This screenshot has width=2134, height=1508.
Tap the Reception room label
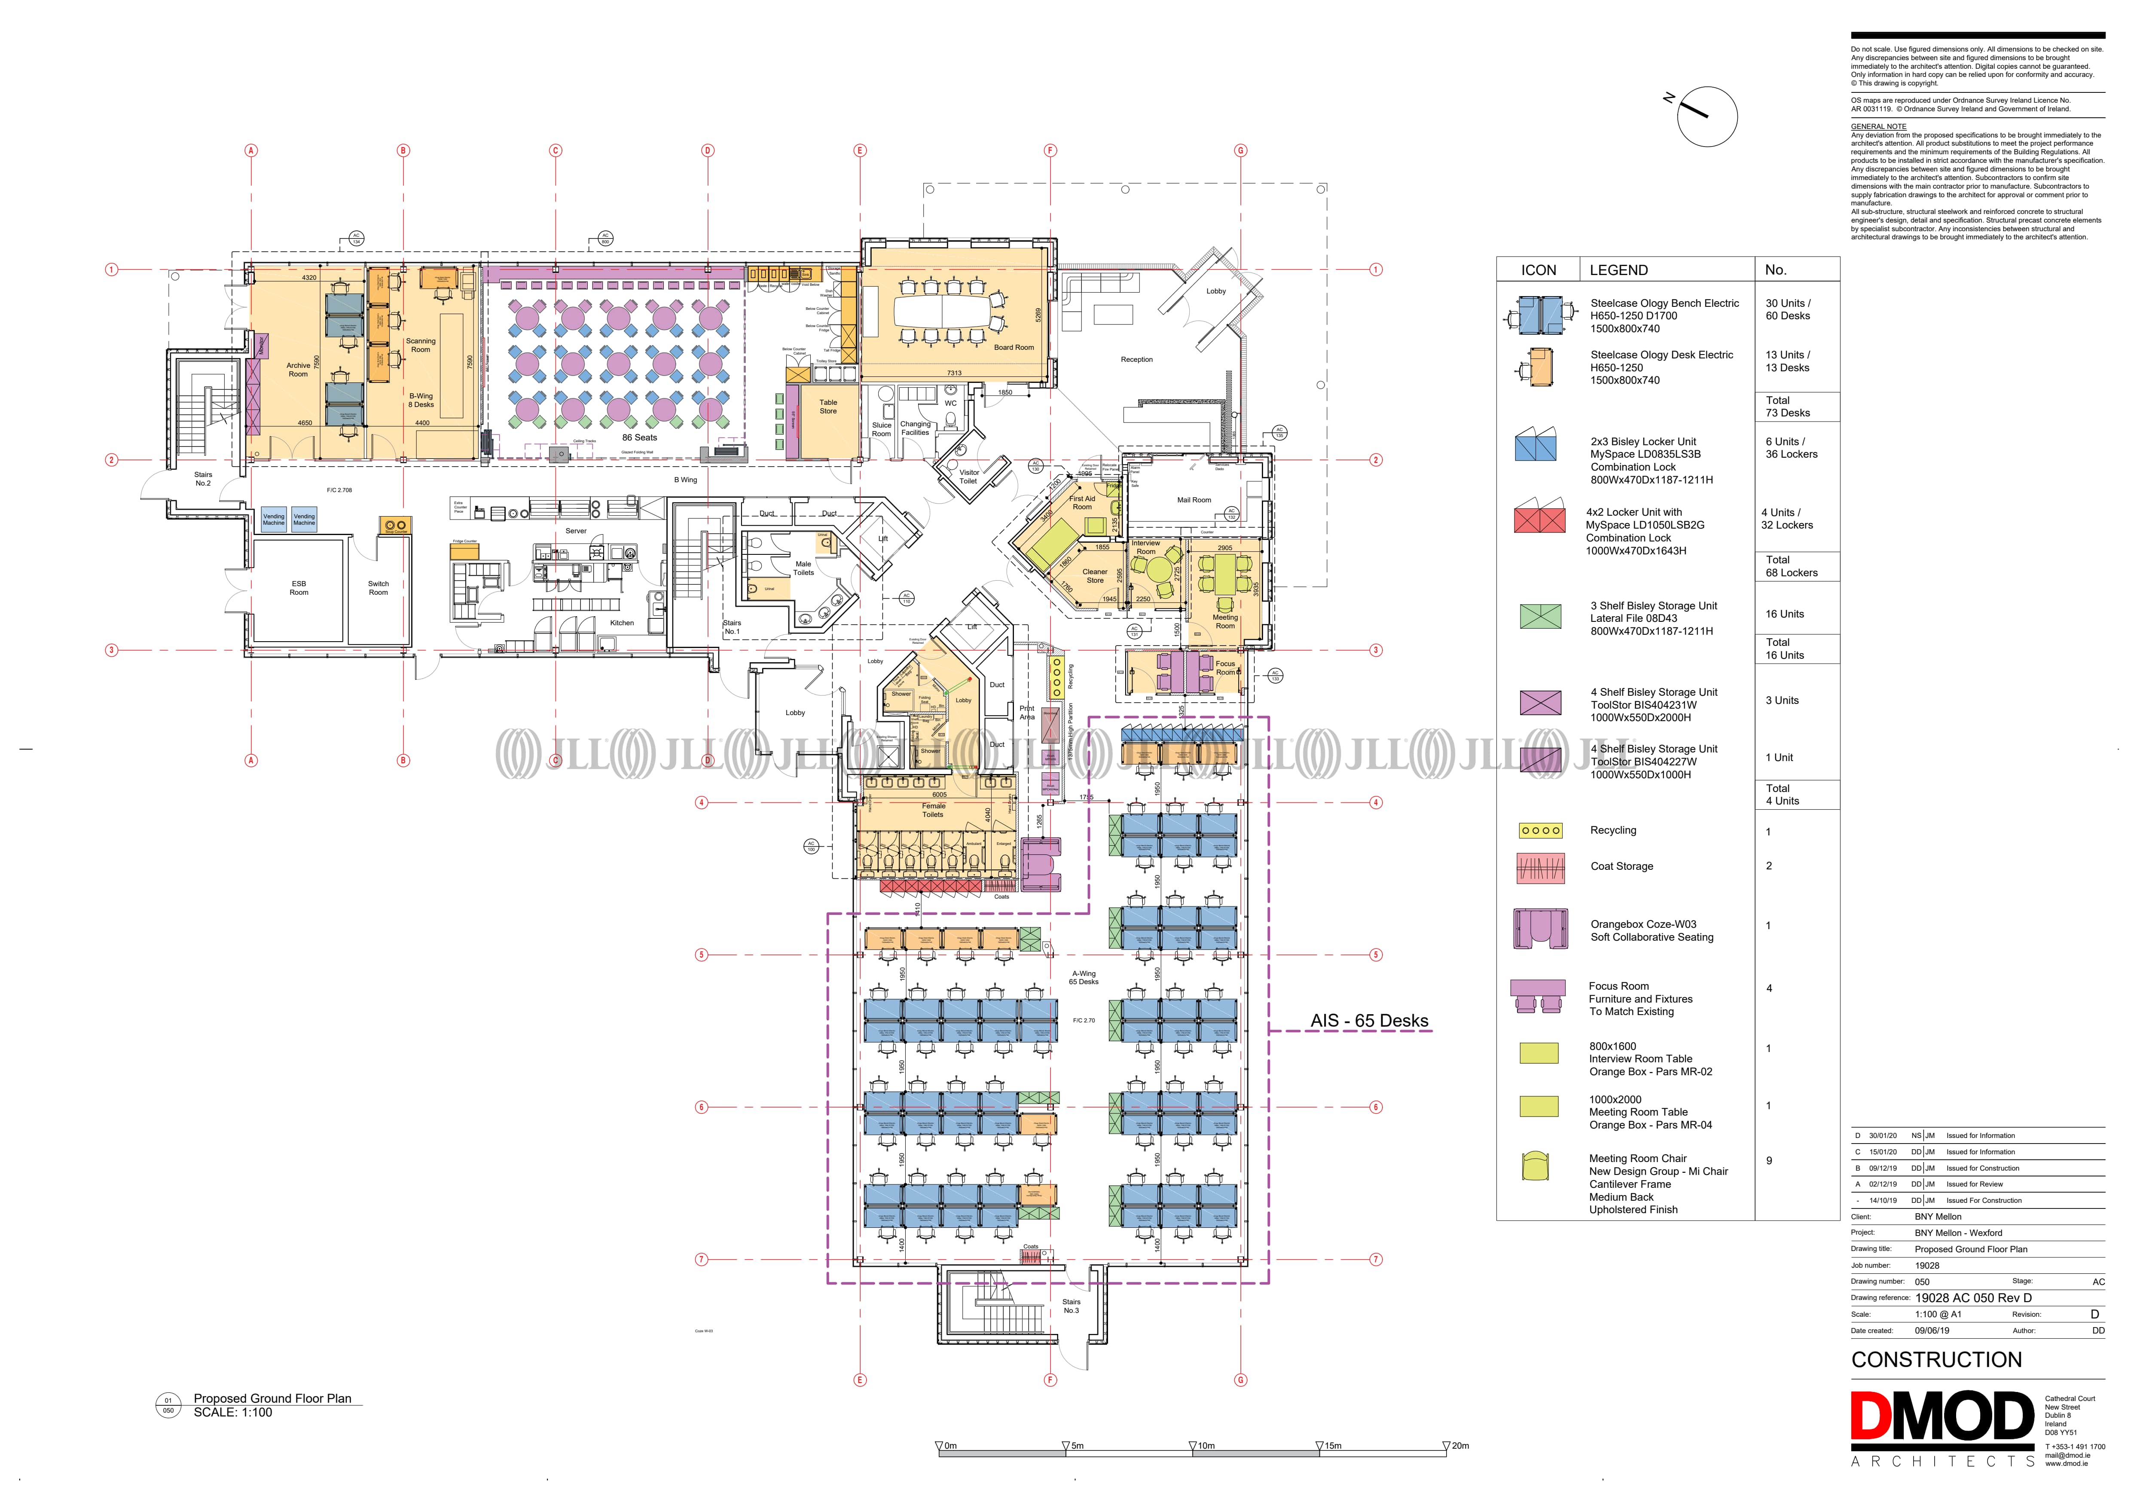1136,360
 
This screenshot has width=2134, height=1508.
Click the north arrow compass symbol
1707,116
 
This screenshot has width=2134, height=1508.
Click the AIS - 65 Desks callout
1369,1021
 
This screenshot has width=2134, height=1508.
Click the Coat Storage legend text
1622,866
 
